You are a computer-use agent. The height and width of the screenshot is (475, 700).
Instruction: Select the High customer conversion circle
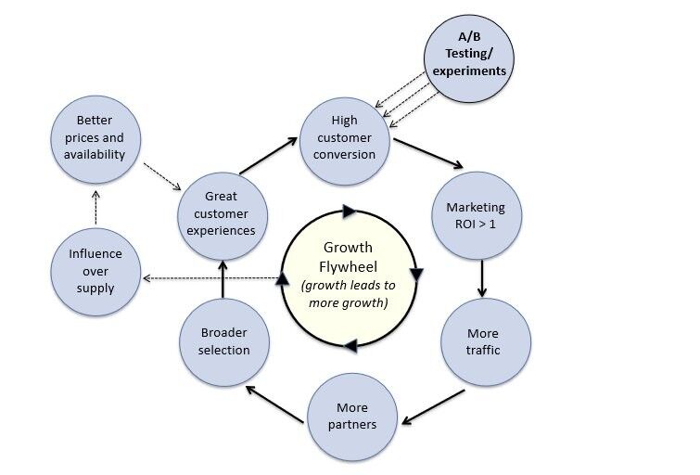tap(345, 136)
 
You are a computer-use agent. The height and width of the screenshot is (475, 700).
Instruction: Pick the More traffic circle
tap(483, 341)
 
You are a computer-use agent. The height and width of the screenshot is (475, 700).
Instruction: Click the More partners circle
tap(353, 416)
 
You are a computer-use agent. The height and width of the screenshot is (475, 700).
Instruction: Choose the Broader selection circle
tap(224, 341)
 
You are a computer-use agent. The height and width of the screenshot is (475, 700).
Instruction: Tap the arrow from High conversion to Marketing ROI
tap(428, 154)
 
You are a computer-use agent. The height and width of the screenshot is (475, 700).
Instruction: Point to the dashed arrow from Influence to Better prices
tap(95, 209)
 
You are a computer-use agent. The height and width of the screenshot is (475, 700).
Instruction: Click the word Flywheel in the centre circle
tap(347, 266)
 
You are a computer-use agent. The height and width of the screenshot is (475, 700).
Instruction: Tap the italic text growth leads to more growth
tap(347, 294)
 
